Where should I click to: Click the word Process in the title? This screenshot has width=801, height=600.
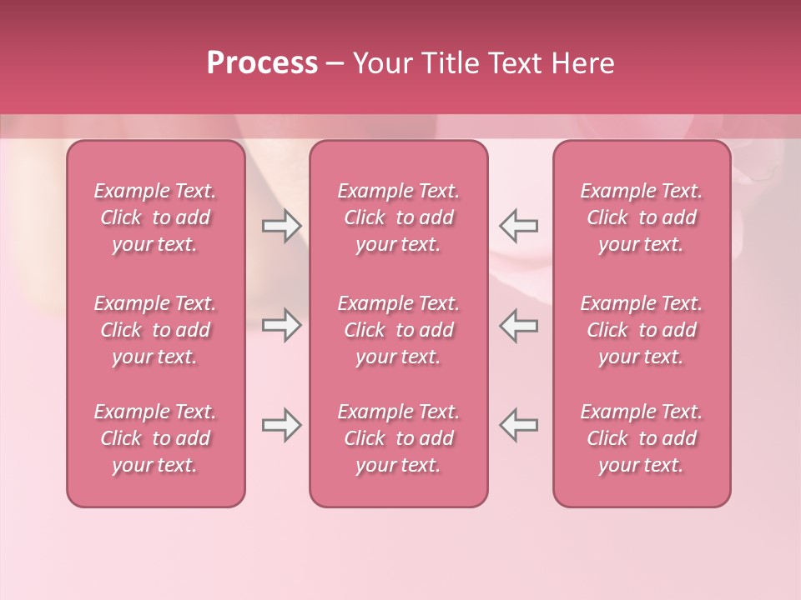click(x=262, y=62)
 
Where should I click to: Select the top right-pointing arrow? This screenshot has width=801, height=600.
click(x=281, y=226)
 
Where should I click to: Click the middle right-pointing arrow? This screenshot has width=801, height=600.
click(x=281, y=326)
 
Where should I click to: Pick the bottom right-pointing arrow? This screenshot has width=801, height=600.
click(x=281, y=425)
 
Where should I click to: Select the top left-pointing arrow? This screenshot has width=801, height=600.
click(x=519, y=225)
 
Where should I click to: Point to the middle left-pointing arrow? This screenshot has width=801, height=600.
click(x=519, y=325)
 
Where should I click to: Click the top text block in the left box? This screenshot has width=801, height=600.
click(x=155, y=217)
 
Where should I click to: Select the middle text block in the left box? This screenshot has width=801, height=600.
click(x=155, y=330)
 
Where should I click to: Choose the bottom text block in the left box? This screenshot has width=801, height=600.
click(x=155, y=438)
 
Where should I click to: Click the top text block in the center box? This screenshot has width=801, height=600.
click(x=399, y=217)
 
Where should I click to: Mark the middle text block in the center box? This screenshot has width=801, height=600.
click(x=399, y=330)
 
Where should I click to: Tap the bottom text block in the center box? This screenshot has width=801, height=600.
click(x=399, y=438)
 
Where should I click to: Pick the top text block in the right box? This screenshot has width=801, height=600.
click(x=642, y=217)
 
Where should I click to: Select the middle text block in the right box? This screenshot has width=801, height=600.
click(x=642, y=330)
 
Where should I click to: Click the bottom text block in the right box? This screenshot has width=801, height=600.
click(x=642, y=438)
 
